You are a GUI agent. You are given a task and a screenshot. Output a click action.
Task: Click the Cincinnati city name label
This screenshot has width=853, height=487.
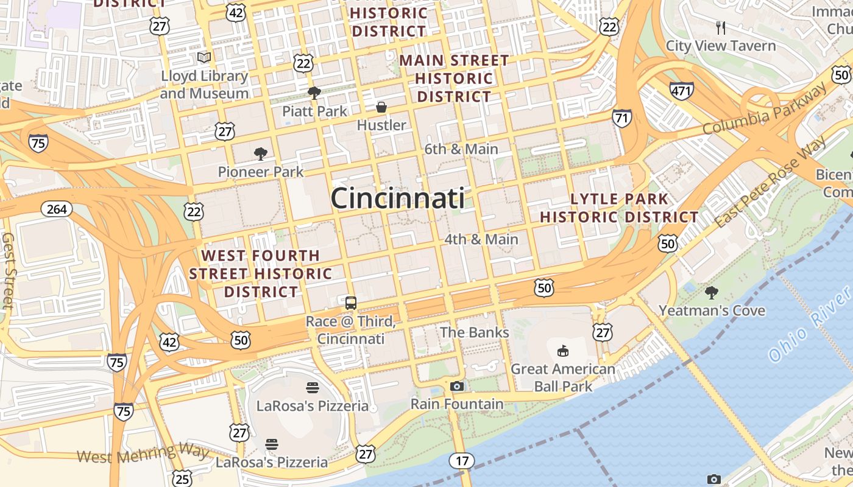[x=397, y=198]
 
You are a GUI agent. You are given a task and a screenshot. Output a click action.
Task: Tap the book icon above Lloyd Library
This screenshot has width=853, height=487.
[x=204, y=57]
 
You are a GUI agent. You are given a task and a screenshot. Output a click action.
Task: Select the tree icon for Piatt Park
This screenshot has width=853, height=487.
[x=314, y=93]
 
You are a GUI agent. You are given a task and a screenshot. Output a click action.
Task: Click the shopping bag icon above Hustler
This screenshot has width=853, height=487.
[x=381, y=107]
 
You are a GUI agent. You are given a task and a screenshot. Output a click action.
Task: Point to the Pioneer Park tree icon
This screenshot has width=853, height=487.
[x=261, y=153]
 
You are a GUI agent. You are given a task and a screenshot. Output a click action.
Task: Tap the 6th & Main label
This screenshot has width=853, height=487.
[x=461, y=149]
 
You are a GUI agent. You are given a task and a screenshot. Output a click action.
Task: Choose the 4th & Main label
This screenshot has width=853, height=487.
[x=481, y=239]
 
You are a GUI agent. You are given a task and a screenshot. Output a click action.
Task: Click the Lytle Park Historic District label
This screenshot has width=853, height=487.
[x=619, y=208]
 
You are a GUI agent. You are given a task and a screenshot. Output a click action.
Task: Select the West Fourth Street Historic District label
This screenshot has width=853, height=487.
[x=261, y=273]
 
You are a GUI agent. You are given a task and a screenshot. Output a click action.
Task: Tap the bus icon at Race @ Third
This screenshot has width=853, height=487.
[x=351, y=303]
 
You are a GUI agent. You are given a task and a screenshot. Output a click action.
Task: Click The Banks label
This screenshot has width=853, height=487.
[x=474, y=332]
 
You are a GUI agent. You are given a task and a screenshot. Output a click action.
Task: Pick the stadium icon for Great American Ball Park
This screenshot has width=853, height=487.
[x=563, y=351]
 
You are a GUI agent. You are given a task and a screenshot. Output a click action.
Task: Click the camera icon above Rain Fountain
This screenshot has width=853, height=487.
[x=456, y=386]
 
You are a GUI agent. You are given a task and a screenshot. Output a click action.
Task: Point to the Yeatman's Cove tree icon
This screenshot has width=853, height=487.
[x=711, y=292]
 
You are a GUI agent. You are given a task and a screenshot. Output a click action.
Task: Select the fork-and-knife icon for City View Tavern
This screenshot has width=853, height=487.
[x=721, y=27]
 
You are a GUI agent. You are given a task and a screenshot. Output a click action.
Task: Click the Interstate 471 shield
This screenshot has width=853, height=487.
[x=681, y=91]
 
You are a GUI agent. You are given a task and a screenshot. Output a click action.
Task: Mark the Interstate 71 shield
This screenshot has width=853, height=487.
[x=622, y=118]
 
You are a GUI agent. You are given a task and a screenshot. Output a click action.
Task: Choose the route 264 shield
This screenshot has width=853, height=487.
[x=57, y=209]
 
